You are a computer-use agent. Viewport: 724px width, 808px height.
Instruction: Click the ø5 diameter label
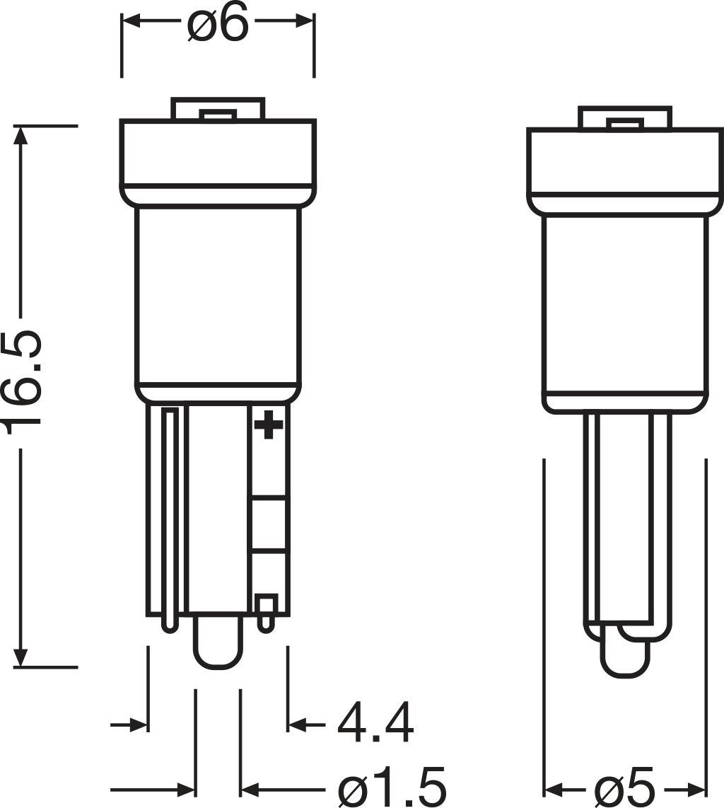pos(625,787)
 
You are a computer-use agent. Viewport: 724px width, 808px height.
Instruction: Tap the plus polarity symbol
pos(268,425)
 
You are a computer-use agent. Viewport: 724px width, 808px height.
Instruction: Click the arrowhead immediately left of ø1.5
pos(250,788)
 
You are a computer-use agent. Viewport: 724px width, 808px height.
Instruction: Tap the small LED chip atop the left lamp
pos(217,115)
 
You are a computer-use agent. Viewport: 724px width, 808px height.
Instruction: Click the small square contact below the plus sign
pos(266,606)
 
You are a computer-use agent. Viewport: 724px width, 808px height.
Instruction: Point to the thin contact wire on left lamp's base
pos(170,516)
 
